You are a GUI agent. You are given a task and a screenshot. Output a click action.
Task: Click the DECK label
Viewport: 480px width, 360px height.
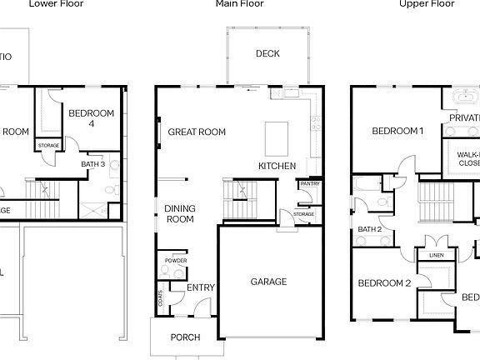pos(267,54)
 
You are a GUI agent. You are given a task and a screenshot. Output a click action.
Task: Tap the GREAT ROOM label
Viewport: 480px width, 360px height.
pos(197,132)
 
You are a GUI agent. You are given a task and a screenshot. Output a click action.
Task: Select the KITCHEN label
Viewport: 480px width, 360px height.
pos(277,167)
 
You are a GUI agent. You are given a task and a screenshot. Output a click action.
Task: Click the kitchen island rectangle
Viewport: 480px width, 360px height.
pos(277,137)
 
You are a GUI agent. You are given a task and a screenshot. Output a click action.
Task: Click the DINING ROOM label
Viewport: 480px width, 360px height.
pos(179,214)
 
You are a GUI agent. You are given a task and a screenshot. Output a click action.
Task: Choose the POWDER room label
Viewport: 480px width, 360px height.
pos(176,261)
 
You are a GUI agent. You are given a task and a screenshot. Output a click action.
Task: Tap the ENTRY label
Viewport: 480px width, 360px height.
pos(200,287)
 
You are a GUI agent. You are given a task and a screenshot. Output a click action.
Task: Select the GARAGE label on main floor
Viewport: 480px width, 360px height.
pos(268,282)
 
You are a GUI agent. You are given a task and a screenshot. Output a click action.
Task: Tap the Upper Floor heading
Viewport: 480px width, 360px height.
pos(426,4)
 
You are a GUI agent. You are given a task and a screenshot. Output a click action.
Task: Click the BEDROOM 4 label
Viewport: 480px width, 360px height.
pos(91,118)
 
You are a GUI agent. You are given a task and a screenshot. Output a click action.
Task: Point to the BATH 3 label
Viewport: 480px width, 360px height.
pos(92,164)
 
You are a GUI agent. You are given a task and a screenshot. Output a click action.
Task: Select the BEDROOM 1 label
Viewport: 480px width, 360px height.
pos(397,131)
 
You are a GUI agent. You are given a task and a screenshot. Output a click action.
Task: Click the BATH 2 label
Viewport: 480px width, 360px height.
pos(369,229)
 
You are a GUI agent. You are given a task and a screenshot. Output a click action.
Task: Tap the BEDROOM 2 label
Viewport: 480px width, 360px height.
pos(384,283)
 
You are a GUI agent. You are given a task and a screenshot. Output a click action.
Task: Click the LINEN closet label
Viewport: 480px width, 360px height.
pos(436,256)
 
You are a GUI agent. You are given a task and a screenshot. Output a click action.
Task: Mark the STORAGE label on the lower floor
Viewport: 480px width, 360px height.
pos(48,147)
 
